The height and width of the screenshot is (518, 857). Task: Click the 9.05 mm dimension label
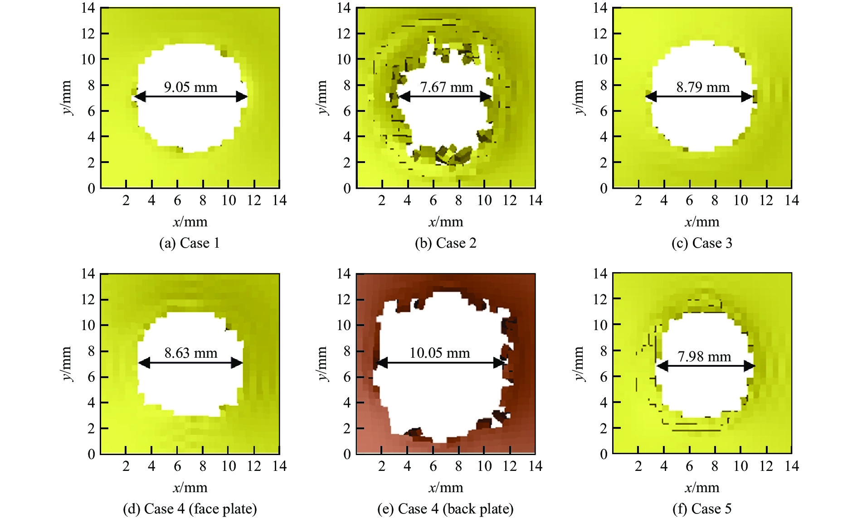[190, 87]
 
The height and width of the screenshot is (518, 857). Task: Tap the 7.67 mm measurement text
[446, 87]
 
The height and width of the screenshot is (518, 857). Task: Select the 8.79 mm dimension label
[703, 87]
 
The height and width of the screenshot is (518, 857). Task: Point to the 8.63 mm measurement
[190, 353]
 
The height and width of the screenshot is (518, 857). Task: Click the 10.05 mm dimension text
[439, 353]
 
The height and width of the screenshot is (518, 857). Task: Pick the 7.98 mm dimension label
[704, 356]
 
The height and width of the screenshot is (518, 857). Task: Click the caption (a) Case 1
[190, 243]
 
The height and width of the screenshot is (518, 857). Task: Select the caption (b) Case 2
[446, 243]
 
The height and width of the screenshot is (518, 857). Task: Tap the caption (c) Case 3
[702, 243]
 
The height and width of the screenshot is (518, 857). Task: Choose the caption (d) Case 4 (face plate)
[190, 509]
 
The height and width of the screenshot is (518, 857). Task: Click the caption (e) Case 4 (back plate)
[445, 509]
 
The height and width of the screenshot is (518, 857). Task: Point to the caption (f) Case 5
[702, 509]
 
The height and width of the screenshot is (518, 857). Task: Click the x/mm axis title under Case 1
[190, 222]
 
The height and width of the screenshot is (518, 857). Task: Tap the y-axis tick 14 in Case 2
[344, 8]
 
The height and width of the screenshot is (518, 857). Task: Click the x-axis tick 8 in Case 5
[715, 466]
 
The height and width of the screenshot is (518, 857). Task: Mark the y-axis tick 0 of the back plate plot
[347, 454]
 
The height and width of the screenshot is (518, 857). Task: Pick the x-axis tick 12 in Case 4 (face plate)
[254, 466]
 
